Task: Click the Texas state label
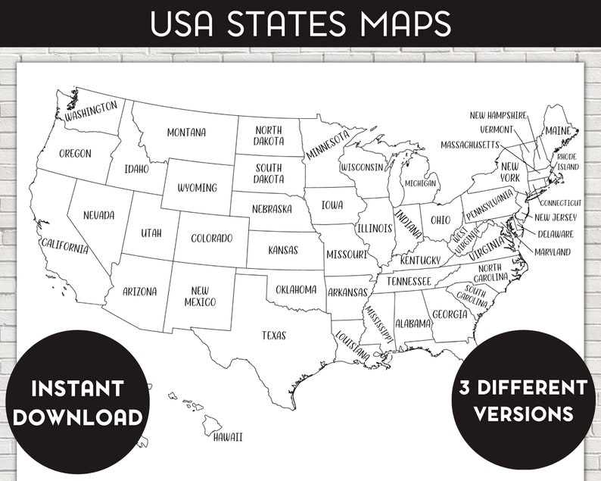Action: [274, 335]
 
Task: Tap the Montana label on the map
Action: [186, 133]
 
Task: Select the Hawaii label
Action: [227, 436]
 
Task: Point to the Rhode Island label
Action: [567, 161]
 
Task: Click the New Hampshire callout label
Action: [497, 115]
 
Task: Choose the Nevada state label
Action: [98, 215]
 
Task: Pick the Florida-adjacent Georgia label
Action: [450, 314]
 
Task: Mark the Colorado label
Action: [211, 239]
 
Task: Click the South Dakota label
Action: [269, 173]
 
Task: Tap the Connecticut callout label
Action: [560, 203]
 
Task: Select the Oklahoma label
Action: [296, 289]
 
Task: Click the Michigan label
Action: [420, 183]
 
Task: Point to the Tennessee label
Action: [409, 281]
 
